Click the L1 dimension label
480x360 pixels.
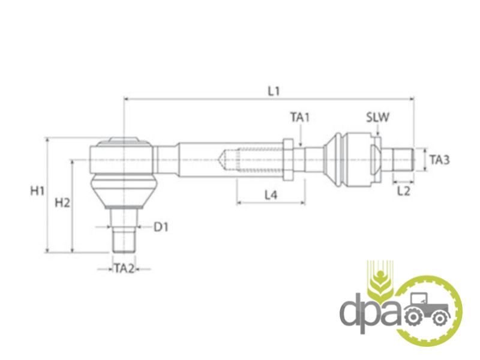pyautogui.click(x=274, y=91)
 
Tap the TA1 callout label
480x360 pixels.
pyautogui.click(x=300, y=117)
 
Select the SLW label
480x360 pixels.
pyautogui.click(x=378, y=117)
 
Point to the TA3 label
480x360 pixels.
pyautogui.click(x=440, y=160)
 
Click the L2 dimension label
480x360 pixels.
pyautogui.click(x=403, y=191)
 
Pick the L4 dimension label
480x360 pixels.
pyautogui.click(x=271, y=195)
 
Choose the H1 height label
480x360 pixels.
pyautogui.click(x=37, y=191)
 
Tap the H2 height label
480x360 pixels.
pyautogui.click(x=62, y=203)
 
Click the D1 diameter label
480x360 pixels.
pyautogui.click(x=161, y=227)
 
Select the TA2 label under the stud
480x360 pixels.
pyautogui.click(x=125, y=269)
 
